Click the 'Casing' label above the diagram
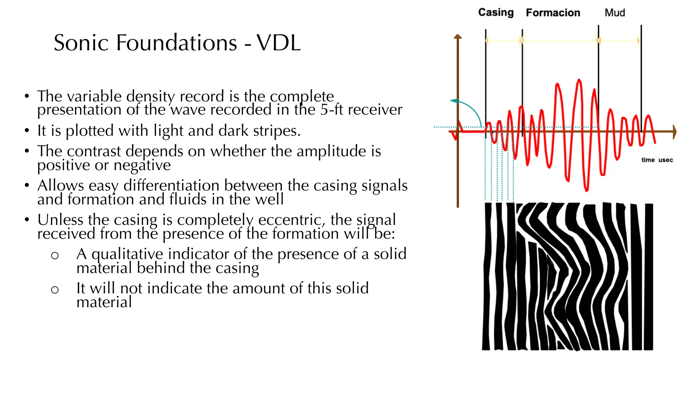point(496,13)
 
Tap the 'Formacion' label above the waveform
point(553,13)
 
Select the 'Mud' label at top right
point(615,13)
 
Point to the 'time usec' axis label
point(657,160)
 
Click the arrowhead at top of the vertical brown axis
point(458,36)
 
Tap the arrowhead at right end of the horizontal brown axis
point(674,132)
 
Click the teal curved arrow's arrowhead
point(454,101)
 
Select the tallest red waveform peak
point(579,81)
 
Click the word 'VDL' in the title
point(279,43)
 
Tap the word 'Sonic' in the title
point(81,43)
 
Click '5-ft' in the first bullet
point(332,110)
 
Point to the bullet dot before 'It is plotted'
point(27,131)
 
